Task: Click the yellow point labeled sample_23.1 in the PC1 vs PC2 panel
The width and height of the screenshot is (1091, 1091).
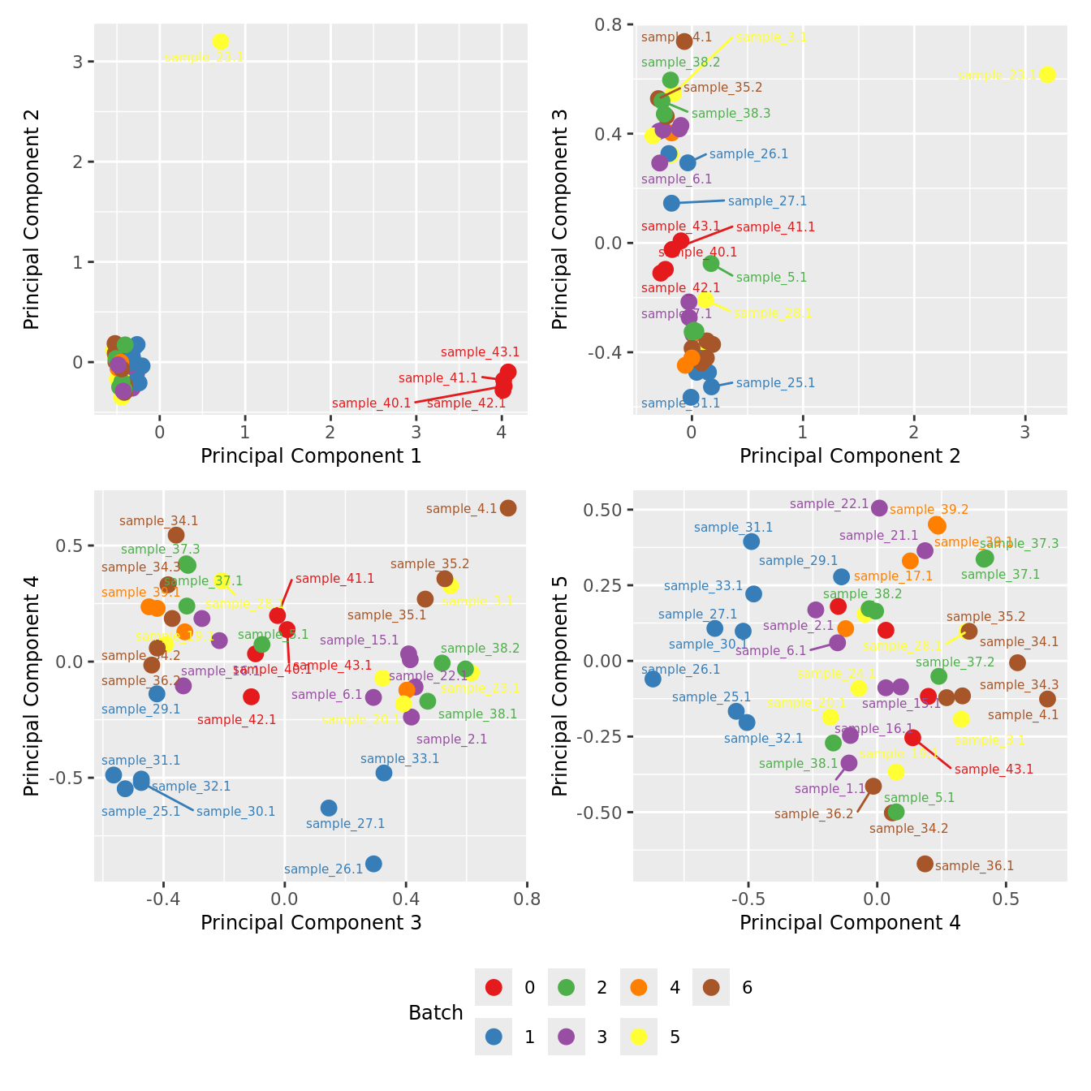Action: [x=220, y=41]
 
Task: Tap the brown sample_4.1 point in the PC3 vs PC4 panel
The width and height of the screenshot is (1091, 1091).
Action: [x=508, y=508]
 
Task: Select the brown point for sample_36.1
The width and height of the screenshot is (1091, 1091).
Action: [x=925, y=864]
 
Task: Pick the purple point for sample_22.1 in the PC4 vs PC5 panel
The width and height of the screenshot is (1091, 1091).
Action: [x=879, y=508]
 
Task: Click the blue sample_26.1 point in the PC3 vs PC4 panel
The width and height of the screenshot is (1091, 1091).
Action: [x=373, y=864]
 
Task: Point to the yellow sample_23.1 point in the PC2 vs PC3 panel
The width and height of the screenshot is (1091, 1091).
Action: [x=1047, y=75]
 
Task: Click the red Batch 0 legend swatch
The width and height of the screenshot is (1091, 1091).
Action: [x=494, y=988]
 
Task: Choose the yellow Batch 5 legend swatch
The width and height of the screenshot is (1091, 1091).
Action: [x=638, y=1037]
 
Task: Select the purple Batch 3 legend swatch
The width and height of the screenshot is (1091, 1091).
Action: [x=566, y=1037]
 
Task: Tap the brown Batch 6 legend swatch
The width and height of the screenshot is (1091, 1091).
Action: [x=711, y=988]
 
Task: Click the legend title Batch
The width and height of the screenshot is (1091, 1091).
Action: [x=436, y=1013]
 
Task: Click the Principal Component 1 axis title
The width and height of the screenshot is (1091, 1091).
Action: [x=311, y=456]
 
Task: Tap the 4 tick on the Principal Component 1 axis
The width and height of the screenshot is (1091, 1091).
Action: [x=502, y=431]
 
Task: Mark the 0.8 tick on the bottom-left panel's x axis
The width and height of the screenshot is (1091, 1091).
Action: [x=527, y=898]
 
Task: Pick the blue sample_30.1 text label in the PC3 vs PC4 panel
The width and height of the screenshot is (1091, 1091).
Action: [x=235, y=812]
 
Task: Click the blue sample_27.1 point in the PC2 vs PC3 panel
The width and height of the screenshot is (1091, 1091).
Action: [x=671, y=203]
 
